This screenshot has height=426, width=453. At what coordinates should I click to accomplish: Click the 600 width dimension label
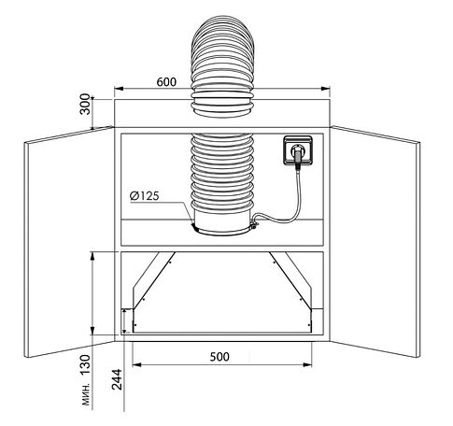click(x=166, y=82)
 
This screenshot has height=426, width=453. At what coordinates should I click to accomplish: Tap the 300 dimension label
click(x=85, y=104)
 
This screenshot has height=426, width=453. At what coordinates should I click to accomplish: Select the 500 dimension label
click(x=219, y=357)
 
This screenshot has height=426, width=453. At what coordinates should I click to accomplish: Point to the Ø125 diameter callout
click(x=145, y=195)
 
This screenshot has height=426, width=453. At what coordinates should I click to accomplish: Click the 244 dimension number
click(x=117, y=379)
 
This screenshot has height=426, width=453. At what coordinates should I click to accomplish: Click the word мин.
click(x=86, y=394)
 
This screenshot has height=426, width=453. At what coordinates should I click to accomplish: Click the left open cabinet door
click(x=69, y=242)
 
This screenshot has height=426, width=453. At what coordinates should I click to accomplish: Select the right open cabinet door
click(x=375, y=242)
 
